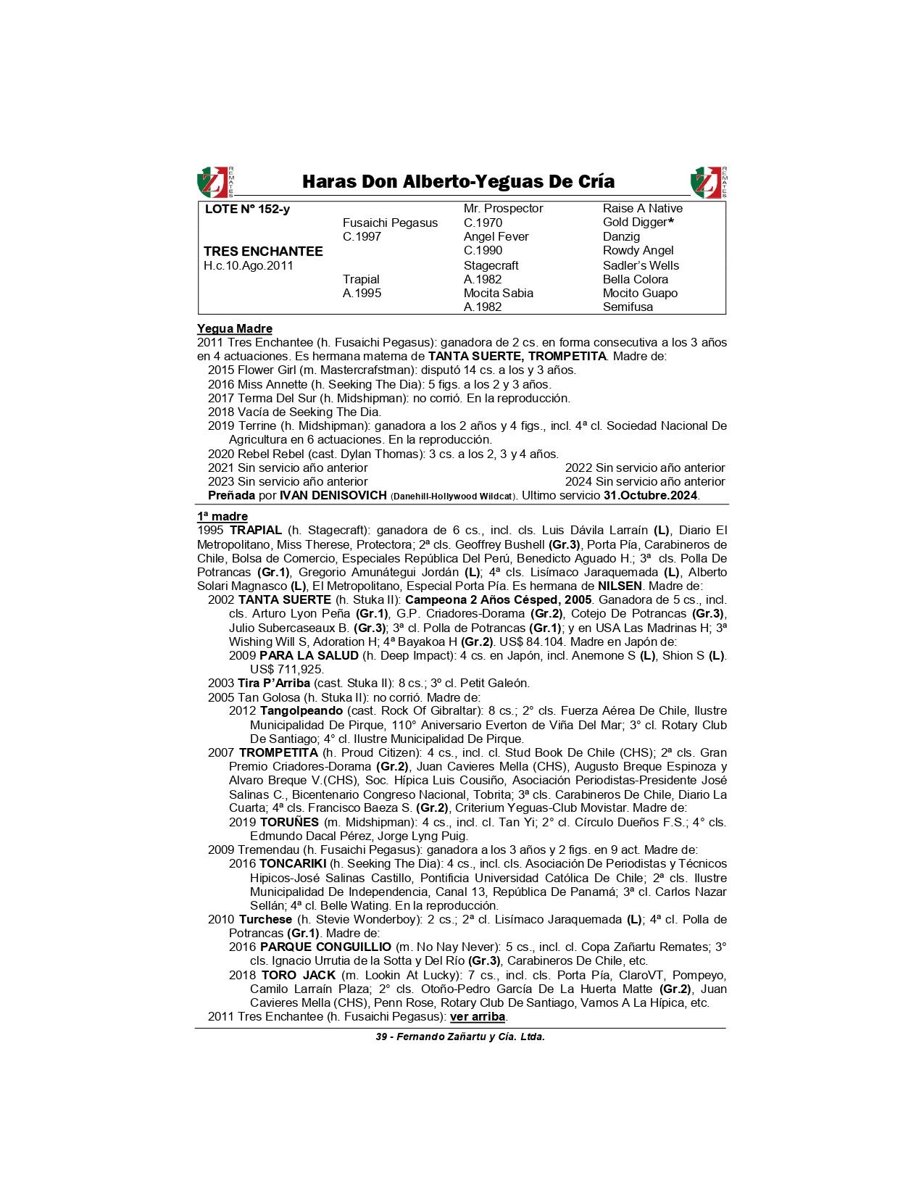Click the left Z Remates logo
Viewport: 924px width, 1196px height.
coord(215,182)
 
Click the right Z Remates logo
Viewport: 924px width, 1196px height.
coord(708,182)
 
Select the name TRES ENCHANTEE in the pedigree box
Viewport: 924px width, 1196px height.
coord(263,251)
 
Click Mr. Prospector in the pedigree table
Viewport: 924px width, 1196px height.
coord(503,208)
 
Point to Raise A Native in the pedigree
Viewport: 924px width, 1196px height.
coord(642,208)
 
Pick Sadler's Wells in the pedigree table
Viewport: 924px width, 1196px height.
coord(641,265)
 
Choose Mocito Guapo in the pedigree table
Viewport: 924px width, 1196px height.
coord(640,293)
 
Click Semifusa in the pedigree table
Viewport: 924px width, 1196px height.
coord(628,307)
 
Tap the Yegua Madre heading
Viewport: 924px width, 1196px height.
coord(235,328)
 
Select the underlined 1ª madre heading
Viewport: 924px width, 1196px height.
coord(222,516)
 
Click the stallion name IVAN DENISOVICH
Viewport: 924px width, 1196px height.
coord(333,495)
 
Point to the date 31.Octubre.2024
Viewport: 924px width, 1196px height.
coord(650,495)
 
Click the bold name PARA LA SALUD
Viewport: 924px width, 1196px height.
coord(309,655)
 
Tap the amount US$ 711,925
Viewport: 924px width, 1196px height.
coord(287,669)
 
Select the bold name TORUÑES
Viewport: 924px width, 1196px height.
coord(289,822)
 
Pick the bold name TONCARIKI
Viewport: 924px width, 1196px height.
coord(293,863)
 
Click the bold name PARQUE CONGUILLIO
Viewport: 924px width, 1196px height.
coord(325,947)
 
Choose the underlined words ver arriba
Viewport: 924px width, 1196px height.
coord(477,1016)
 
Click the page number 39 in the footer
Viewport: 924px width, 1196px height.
coord(381,1037)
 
